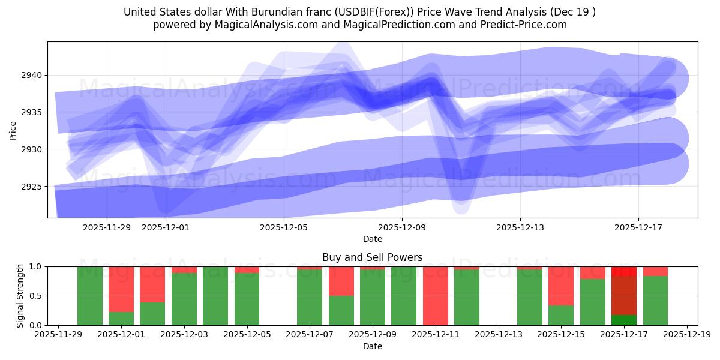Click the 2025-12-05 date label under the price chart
click(x=284, y=227)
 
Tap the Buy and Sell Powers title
click(x=372, y=257)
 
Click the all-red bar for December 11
click(x=435, y=296)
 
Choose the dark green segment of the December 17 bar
click(x=623, y=320)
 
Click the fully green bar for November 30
click(x=89, y=296)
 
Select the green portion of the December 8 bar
click(x=341, y=310)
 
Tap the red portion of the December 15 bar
click(x=560, y=286)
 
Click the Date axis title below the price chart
click(x=372, y=239)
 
